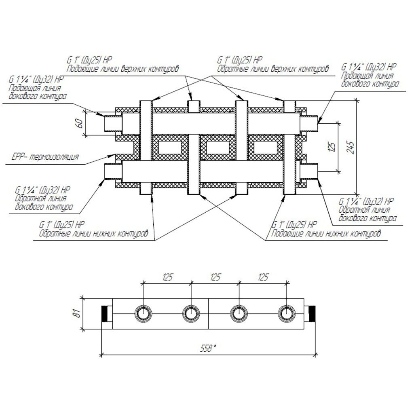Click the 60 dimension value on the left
[x=80, y=123]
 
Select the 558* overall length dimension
[x=208, y=349]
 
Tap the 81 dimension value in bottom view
[x=77, y=313]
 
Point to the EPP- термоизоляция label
[x=45, y=157]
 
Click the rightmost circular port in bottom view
[x=287, y=314]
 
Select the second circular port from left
[x=191, y=314]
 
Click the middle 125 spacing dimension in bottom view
[x=215, y=277]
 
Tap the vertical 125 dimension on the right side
[x=332, y=147]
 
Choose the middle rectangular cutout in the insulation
[x=218, y=147]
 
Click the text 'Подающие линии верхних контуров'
[x=123, y=69]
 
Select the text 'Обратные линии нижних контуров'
[x=94, y=234]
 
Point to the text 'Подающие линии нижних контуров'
[x=326, y=234]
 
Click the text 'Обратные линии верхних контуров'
[x=273, y=69]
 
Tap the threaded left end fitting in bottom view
[x=107, y=314]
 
